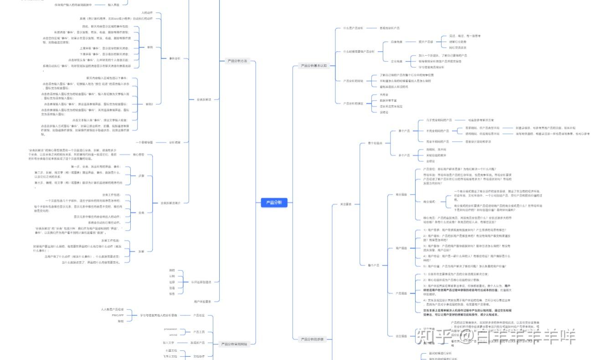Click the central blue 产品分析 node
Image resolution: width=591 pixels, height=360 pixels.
(x=274, y=203)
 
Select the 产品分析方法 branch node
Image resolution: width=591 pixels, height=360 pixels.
(x=237, y=61)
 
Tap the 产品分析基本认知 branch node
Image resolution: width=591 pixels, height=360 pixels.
(x=314, y=66)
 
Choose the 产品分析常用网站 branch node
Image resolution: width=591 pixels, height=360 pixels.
(x=234, y=344)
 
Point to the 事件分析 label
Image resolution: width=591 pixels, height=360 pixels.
(x=175, y=58)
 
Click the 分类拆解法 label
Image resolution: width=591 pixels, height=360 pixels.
(x=204, y=99)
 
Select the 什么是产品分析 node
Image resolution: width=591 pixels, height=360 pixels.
(x=353, y=28)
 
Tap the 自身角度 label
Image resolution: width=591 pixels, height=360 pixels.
(x=396, y=42)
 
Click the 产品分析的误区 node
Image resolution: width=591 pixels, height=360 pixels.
(x=353, y=103)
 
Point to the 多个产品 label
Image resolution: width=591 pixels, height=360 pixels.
(x=404, y=155)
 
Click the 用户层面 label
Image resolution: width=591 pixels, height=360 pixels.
(x=401, y=248)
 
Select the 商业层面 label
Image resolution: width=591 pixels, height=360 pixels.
(x=401, y=195)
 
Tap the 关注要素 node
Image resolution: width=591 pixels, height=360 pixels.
(x=346, y=204)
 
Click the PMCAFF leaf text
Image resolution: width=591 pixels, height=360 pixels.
(x=118, y=315)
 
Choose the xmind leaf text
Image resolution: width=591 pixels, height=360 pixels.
(x=173, y=335)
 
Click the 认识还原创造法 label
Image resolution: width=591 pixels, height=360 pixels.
(x=201, y=282)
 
